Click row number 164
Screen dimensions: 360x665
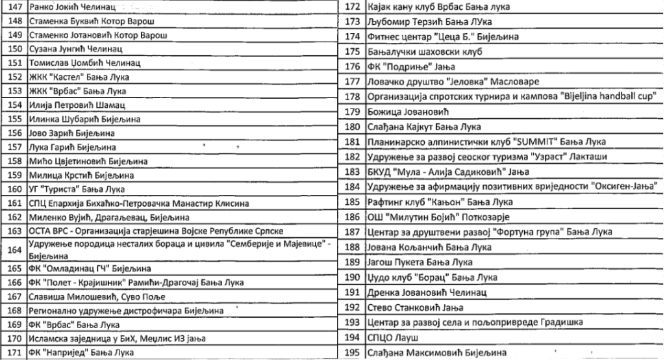(x=12, y=250)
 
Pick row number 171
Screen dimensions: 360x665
(x=12, y=352)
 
